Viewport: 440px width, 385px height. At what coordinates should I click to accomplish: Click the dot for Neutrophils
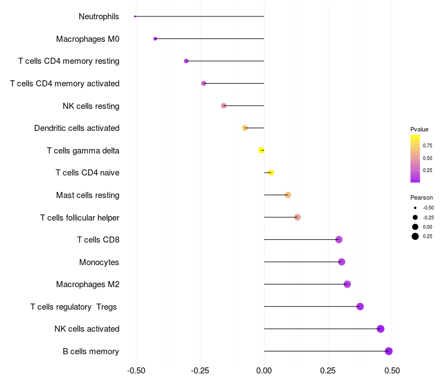[135, 16]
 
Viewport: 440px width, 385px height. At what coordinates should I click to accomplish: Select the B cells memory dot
[389, 351]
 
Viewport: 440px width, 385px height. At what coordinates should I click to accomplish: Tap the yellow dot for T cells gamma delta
[262, 150]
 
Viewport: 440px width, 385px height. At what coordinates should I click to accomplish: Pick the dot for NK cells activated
[381, 329]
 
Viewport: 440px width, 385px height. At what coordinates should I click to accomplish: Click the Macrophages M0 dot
[155, 38]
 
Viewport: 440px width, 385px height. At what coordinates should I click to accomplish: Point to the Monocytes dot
[342, 262]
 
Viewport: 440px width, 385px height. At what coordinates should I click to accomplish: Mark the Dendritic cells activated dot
[245, 128]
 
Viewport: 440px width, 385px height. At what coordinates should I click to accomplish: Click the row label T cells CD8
[98, 240]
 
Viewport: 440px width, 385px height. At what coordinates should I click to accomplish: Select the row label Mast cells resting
[87, 195]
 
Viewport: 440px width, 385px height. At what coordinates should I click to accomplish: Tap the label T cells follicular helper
[80, 218]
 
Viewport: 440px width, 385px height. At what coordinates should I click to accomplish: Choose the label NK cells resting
[91, 106]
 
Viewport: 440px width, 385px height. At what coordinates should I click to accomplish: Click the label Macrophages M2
[87, 284]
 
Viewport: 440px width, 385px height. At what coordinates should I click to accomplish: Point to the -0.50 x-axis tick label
[136, 371]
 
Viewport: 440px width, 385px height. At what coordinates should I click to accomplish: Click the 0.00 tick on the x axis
[264, 371]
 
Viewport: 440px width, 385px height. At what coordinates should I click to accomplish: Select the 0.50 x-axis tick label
[392, 371]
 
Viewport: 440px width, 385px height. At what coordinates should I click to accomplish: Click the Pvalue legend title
[419, 129]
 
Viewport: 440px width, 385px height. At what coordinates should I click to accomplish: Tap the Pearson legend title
[421, 197]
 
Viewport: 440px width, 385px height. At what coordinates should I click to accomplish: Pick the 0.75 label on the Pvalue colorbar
[427, 146]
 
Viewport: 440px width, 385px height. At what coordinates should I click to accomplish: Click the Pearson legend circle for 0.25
[415, 237]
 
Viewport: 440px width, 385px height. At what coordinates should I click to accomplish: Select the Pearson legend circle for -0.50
[415, 208]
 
